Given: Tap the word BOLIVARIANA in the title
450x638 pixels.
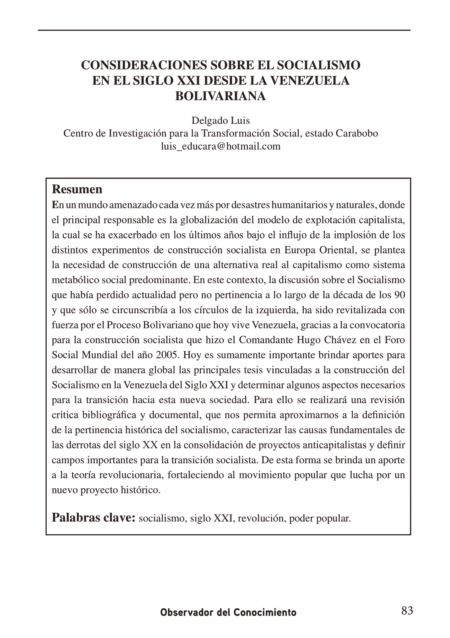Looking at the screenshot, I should pos(221,96).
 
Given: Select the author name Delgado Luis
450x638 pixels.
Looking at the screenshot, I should pos(221,121).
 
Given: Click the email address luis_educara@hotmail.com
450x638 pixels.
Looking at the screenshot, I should pos(221,147).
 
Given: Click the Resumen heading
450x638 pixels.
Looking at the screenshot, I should pos(77,189).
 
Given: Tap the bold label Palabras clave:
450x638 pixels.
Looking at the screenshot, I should pos(93,517).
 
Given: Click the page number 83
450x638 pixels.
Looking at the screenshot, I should pos(407,611).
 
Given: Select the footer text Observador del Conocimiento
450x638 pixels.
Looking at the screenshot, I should pos(228,612).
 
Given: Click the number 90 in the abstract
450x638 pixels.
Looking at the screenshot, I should pos(399,295).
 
